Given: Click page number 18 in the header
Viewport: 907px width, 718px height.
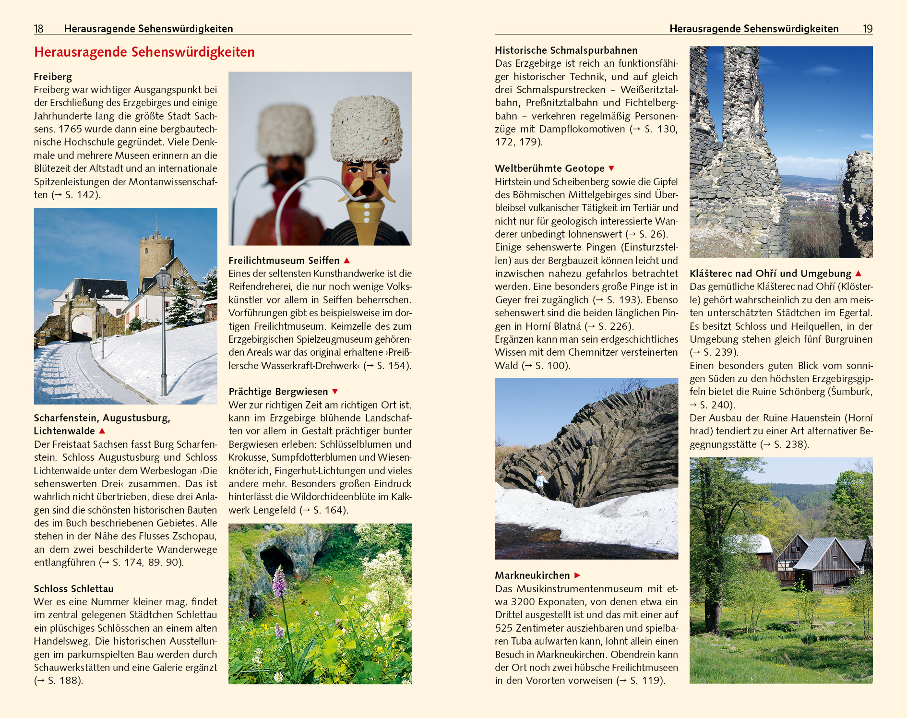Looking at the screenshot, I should pyautogui.click(x=38, y=29).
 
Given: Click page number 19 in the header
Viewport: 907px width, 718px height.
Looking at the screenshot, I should pyautogui.click(x=868, y=29).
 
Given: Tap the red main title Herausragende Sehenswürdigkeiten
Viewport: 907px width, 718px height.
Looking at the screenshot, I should pyautogui.click(x=144, y=52).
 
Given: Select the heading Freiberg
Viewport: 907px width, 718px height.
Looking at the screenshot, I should pyautogui.click(x=53, y=77).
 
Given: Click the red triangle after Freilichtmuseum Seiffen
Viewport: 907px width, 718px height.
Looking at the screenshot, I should pyautogui.click(x=347, y=260).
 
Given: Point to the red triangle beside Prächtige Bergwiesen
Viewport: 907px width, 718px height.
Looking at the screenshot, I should pyautogui.click(x=335, y=392).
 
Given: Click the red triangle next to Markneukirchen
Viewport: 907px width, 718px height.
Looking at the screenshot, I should pyautogui.click(x=577, y=575).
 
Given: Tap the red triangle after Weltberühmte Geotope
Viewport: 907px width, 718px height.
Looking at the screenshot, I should pyautogui.click(x=611, y=168).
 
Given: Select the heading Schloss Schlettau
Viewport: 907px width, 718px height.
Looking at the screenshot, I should pyautogui.click(x=73, y=589).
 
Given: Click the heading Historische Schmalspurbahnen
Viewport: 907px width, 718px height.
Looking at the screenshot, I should pyautogui.click(x=566, y=50).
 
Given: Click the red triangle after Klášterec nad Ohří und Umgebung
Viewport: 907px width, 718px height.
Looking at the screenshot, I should pyautogui.click(x=859, y=274).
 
